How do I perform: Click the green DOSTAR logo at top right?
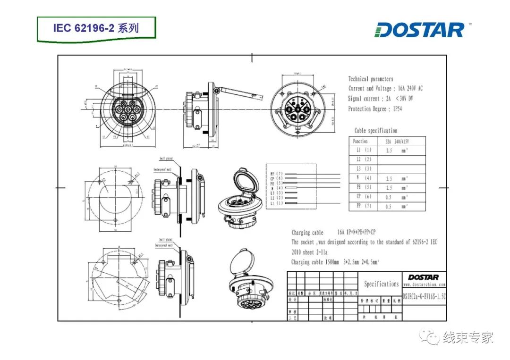(420, 30)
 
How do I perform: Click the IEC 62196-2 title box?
(96, 28)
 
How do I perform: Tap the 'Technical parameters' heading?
(370, 79)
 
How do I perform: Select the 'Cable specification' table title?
(375, 131)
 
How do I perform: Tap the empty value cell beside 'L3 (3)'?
(402, 169)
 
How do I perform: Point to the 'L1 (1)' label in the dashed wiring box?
(276, 203)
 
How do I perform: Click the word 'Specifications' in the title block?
(381, 284)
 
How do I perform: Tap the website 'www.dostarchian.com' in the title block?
(424, 285)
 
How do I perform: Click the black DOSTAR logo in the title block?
(424, 277)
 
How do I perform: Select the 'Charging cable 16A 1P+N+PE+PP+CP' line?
(334, 232)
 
